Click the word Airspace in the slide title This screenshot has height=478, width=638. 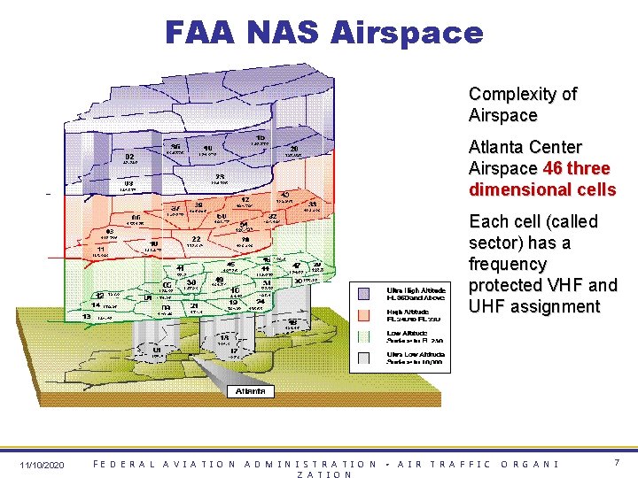[407, 33]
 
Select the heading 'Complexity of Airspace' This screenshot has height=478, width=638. [522, 104]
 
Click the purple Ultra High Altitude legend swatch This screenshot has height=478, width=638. [364, 292]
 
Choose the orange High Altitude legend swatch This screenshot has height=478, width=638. [364, 315]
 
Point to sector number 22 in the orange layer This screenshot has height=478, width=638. [195, 239]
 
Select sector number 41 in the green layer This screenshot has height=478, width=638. [180, 267]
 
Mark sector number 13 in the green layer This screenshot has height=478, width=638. [87, 316]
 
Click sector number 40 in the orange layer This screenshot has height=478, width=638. [284, 195]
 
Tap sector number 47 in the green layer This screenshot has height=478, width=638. [297, 266]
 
